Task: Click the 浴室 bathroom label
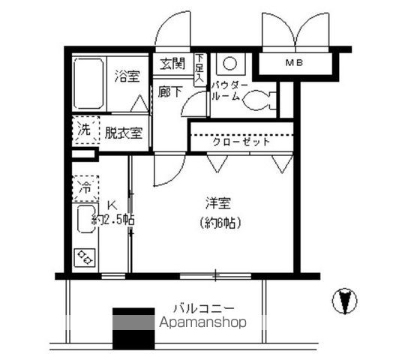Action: [x=127, y=76]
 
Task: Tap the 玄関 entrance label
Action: [x=172, y=64]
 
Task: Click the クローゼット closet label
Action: [x=241, y=141]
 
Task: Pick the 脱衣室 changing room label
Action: [x=123, y=133]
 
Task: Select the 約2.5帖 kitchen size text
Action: [x=112, y=220]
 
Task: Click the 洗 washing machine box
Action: [x=85, y=129]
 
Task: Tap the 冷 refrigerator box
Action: [x=85, y=187]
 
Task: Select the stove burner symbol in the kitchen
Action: [x=85, y=259]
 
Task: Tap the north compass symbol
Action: [x=344, y=301]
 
